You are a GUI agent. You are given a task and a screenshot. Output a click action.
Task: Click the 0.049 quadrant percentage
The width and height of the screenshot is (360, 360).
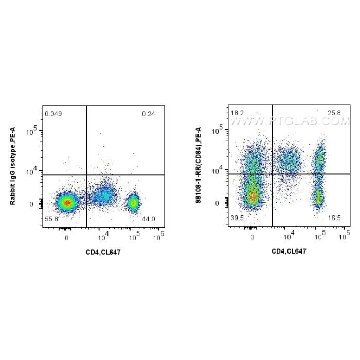pyautogui.click(x=53, y=114)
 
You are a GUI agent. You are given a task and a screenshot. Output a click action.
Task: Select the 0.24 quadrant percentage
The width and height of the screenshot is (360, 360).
pyautogui.click(x=147, y=114)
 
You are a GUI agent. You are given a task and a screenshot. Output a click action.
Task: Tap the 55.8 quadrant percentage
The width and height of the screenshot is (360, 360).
pyautogui.click(x=51, y=219)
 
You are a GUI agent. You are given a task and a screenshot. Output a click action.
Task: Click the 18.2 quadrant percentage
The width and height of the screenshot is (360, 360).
pyautogui.click(x=238, y=112)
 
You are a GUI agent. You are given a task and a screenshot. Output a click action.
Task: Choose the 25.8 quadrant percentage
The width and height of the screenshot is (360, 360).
pyautogui.click(x=334, y=112)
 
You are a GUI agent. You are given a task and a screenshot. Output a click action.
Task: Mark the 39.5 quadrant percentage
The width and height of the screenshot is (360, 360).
pyautogui.click(x=238, y=218)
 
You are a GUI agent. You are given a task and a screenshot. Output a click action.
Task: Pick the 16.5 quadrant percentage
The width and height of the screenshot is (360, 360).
pyautogui.click(x=334, y=218)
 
